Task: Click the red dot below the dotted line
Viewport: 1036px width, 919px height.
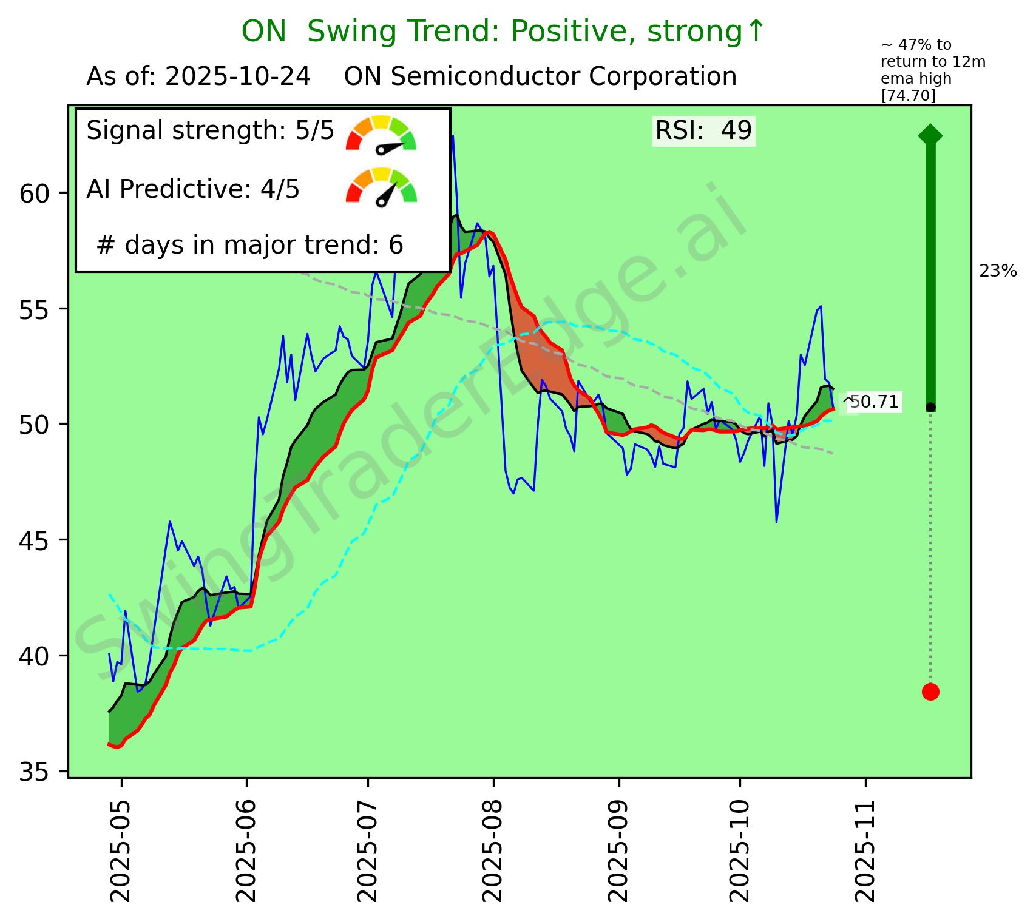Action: coord(930,692)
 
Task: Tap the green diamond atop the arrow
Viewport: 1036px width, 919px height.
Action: coord(930,135)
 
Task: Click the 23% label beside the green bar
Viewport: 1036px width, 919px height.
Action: coord(998,272)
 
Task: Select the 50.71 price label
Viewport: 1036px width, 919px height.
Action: coord(874,402)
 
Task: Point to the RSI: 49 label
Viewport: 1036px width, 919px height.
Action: coord(703,130)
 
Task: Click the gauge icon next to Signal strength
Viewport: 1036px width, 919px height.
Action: coord(381,133)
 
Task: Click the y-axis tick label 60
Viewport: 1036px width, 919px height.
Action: coord(35,194)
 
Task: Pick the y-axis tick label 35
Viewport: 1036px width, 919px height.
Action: coord(35,772)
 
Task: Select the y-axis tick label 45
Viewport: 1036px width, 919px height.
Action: coord(35,540)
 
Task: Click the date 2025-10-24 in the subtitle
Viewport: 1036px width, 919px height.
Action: coord(238,78)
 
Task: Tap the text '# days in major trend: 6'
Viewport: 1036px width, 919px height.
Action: coord(250,245)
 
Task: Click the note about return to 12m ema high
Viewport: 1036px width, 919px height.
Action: coord(916,70)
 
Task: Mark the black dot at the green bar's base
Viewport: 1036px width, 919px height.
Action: coord(930,406)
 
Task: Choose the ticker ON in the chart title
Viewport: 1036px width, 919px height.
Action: coord(263,32)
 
